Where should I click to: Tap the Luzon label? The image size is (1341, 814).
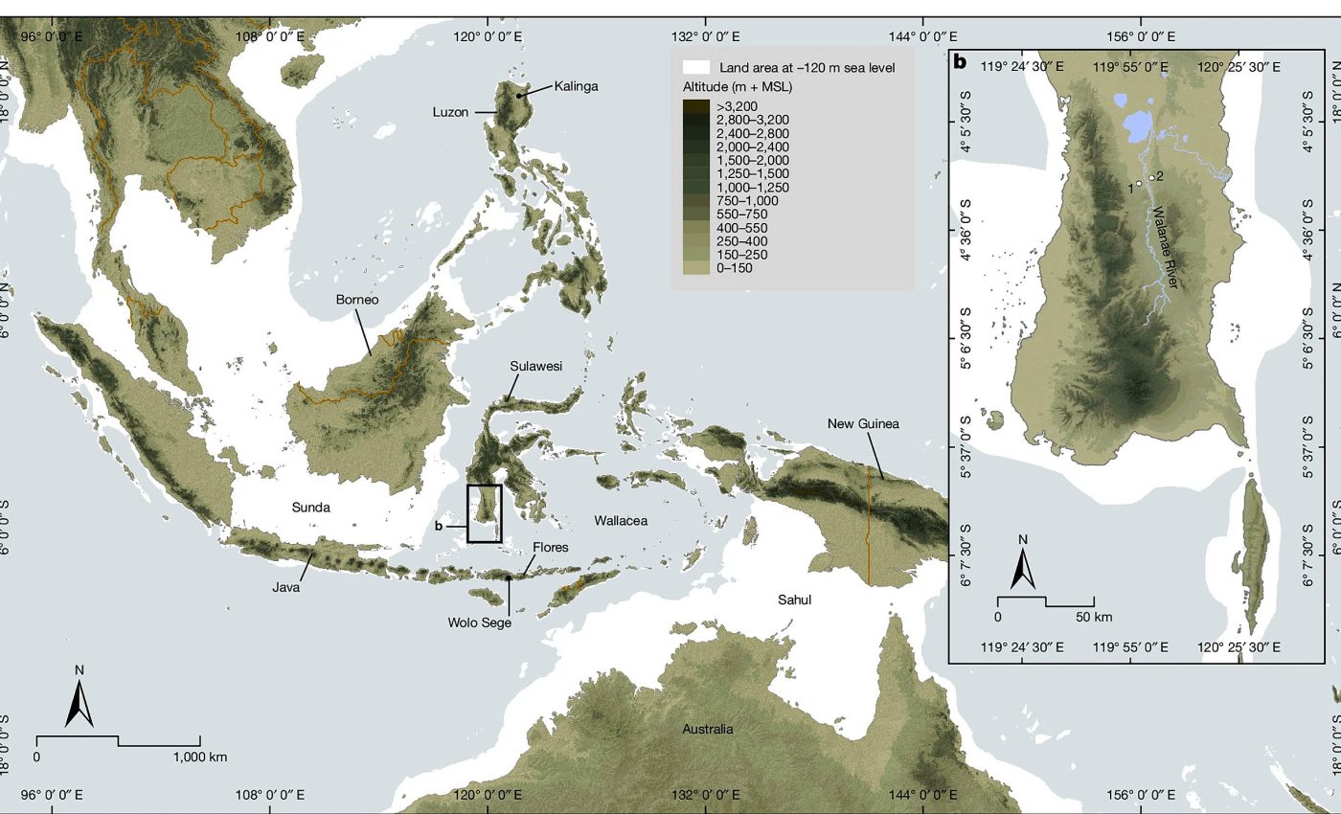pyautogui.click(x=449, y=112)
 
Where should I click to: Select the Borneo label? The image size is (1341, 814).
pyautogui.click(x=356, y=300)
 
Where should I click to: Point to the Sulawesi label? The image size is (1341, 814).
pyautogui.click(x=535, y=367)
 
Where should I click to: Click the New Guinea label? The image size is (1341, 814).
pyautogui.click(x=863, y=423)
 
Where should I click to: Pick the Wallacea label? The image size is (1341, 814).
pyautogui.click(x=621, y=521)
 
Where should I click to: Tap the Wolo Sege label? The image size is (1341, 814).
pyautogui.click(x=479, y=622)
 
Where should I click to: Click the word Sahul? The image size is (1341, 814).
pyautogui.click(x=794, y=599)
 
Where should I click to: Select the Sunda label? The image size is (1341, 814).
pyautogui.click(x=310, y=508)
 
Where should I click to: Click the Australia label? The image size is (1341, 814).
pyautogui.click(x=707, y=729)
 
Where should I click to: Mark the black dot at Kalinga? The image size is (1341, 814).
pyautogui.click(x=519, y=96)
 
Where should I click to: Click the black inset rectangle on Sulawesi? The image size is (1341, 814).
pyautogui.click(x=484, y=514)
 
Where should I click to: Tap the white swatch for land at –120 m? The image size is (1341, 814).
pyautogui.click(x=695, y=68)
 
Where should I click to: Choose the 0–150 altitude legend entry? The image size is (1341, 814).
pyautogui.click(x=736, y=268)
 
